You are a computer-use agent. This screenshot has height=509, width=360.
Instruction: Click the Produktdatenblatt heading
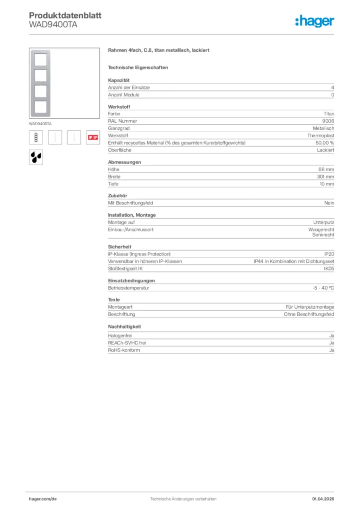pos(65,15)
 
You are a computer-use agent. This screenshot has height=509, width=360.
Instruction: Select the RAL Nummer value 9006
pos(328,121)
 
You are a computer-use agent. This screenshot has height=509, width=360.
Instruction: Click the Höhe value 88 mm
pos(326,169)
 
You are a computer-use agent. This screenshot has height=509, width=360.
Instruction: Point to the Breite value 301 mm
pos(325,176)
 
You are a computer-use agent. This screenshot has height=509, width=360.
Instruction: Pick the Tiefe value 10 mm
pos(326,184)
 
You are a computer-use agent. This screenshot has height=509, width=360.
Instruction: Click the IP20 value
pos(329,254)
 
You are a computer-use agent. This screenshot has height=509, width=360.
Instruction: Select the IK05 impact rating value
pos(329,268)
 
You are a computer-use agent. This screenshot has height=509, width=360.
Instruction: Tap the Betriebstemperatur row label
pos(129,288)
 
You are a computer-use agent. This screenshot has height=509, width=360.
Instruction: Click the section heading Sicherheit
pos(120,247)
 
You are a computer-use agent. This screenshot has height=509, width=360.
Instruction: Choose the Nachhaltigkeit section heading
pos(125,327)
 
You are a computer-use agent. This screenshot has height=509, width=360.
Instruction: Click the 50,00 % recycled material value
pos(325,143)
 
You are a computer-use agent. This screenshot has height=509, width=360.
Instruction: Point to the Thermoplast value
pos(321,135)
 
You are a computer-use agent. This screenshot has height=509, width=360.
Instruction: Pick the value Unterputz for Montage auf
pos(324,222)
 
